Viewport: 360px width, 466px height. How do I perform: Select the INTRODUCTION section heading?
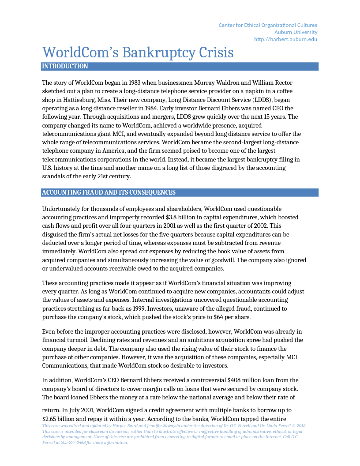[x=65, y=66]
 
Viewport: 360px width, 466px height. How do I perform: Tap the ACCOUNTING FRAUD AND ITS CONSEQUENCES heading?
[x=109, y=192]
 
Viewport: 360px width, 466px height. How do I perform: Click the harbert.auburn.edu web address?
[x=285, y=39]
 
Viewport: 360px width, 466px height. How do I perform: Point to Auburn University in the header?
[x=296, y=32]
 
